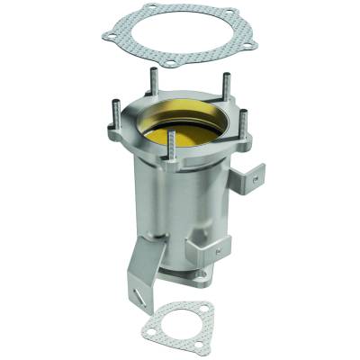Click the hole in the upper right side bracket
click(x=257, y=179)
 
